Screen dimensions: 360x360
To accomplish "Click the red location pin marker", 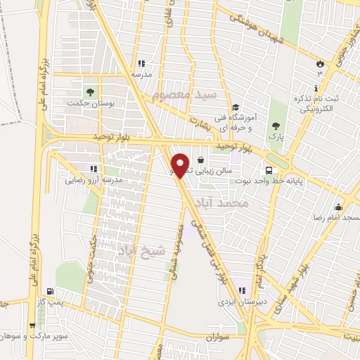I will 181,165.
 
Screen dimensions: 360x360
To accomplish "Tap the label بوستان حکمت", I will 89,103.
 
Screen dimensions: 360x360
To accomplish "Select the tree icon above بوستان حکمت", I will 89,91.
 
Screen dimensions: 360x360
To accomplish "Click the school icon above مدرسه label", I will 141,63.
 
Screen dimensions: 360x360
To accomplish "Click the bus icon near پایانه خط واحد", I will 270,170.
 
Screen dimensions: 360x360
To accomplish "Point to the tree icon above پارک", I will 276,127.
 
